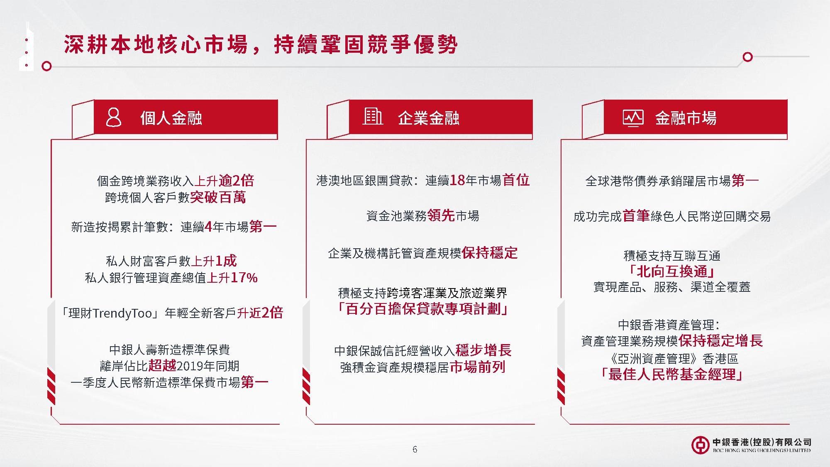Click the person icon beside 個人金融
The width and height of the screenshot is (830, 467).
114,117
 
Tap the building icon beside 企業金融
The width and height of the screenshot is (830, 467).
373,116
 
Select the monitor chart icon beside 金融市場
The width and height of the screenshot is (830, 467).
633,118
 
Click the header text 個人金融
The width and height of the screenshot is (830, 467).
171,118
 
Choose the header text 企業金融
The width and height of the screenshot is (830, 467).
429,118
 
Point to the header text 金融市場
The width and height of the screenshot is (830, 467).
686,118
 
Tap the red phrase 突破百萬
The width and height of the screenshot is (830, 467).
218,197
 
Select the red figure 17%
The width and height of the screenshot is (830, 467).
244,277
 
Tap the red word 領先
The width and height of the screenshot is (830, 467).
441,216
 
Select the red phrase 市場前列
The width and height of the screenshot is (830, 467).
477,367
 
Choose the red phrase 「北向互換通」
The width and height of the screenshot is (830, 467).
672,271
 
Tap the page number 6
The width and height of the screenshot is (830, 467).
415,449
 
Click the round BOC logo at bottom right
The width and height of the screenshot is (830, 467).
700,445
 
